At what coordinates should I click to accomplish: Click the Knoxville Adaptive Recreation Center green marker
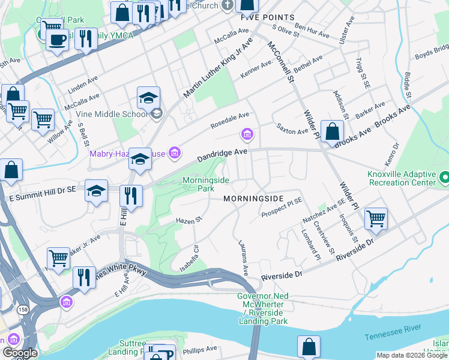(x=444, y=178)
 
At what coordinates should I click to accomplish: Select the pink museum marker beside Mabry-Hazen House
(x=174, y=154)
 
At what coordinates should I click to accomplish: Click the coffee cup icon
(x=58, y=40)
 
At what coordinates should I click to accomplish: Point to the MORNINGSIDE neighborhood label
(x=253, y=198)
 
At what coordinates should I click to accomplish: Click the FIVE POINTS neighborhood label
(x=268, y=17)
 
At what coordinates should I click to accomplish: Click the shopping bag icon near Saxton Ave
(x=331, y=131)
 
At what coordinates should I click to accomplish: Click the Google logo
(x=20, y=353)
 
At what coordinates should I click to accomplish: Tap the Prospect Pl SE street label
(x=282, y=209)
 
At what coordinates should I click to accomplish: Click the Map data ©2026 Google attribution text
(x=412, y=355)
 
